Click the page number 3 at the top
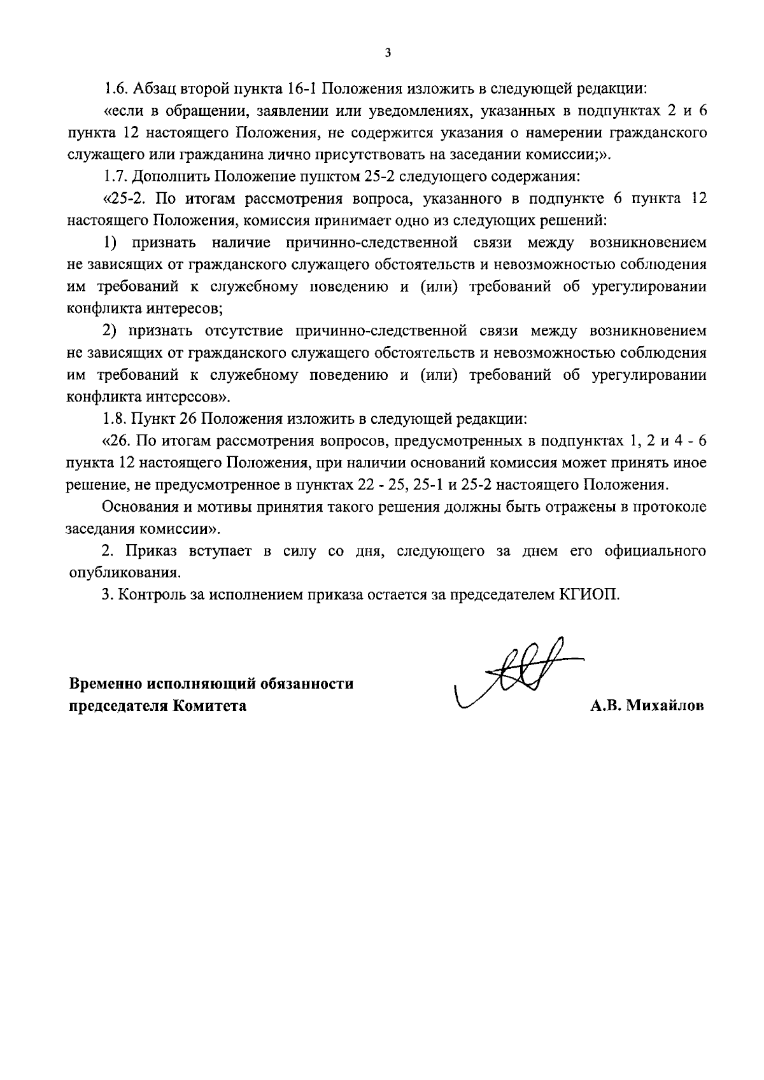[388, 53]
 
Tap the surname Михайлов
[665, 706]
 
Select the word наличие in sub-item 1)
[241, 242]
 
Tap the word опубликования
[124, 572]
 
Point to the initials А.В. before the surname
[605, 706]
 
